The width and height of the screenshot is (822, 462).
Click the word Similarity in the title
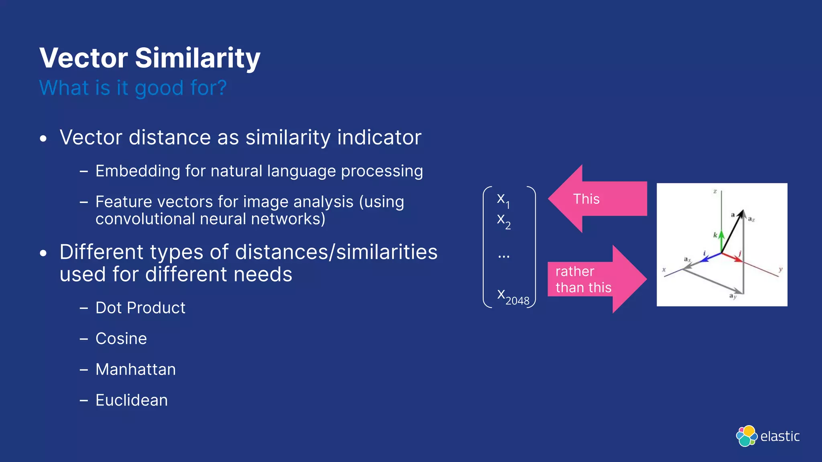(x=197, y=58)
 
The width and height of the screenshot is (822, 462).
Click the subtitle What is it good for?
(x=133, y=88)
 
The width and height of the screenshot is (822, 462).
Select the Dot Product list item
(x=140, y=308)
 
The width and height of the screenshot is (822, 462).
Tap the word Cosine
(x=121, y=339)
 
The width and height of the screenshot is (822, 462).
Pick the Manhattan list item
(x=135, y=369)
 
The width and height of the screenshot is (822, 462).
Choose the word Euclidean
(x=131, y=400)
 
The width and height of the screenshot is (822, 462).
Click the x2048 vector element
(x=513, y=297)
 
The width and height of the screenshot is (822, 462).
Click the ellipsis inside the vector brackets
(x=503, y=256)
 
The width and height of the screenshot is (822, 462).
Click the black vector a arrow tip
(x=742, y=212)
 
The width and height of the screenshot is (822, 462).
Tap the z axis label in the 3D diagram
(x=715, y=191)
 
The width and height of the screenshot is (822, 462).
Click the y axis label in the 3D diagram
(x=780, y=269)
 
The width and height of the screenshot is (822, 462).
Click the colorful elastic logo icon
(x=746, y=436)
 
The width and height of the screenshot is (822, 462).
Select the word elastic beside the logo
(x=780, y=436)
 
